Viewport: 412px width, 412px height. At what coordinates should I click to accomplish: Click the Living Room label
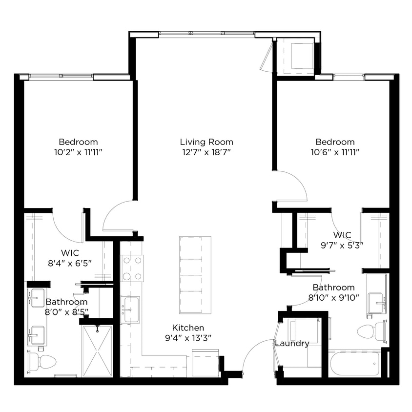pyautogui.click(x=206, y=142)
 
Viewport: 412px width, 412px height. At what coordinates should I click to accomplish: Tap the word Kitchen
pyautogui.click(x=188, y=328)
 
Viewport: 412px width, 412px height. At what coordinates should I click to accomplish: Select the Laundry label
pyautogui.click(x=292, y=343)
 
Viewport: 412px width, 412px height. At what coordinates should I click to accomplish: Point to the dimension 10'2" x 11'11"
pyautogui.click(x=78, y=152)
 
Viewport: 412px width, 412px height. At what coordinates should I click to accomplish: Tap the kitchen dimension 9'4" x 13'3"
pyautogui.click(x=188, y=337)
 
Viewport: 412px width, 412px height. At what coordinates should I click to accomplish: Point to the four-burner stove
pyautogui.click(x=132, y=268)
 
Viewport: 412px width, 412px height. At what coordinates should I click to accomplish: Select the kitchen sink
pyautogui.click(x=130, y=309)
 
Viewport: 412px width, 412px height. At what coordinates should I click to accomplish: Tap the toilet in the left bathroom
pyautogui.click(x=43, y=362)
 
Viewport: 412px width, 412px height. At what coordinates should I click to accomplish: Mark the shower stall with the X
pyautogui.click(x=97, y=351)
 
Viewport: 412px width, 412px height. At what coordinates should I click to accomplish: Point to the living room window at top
pyautogui.click(x=207, y=34)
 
